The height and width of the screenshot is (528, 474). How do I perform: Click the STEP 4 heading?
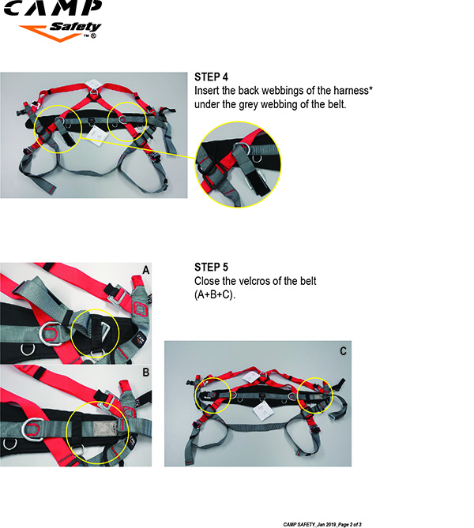click(211, 77)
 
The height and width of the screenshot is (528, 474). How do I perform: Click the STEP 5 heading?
click(211, 267)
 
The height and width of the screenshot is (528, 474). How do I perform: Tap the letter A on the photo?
click(145, 270)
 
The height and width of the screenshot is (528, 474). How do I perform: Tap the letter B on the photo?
click(145, 372)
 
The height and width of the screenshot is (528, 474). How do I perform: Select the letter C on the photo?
click(343, 351)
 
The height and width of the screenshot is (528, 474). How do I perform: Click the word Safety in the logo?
click(75, 27)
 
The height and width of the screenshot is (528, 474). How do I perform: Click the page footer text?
click(322, 524)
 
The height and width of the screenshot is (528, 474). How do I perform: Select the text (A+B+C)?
click(214, 294)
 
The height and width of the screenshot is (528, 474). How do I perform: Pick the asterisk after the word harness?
click(371, 88)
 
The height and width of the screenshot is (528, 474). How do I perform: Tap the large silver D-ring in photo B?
click(33, 429)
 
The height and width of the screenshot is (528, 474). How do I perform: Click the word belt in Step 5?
click(308, 281)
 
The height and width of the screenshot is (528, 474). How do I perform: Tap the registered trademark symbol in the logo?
click(93, 36)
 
